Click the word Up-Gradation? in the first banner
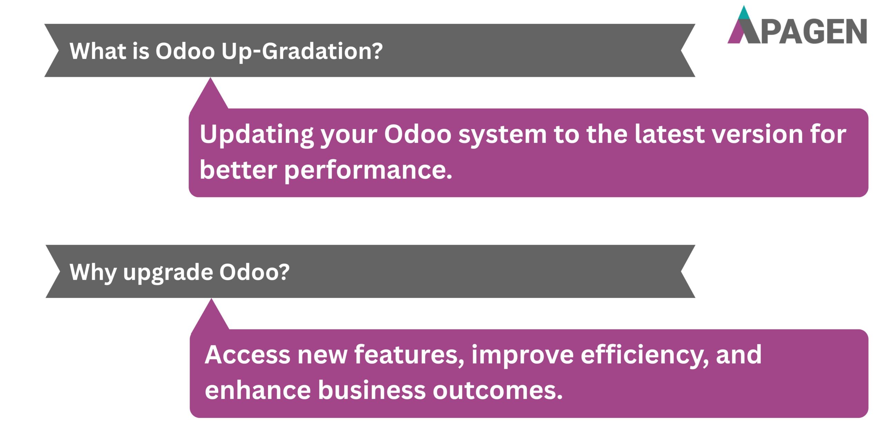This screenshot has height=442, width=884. (302, 51)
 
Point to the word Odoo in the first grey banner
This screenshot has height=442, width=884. (185, 51)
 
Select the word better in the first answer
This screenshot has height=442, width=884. (238, 170)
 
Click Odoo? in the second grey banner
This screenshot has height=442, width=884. (254, 272)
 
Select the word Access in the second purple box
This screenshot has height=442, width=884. (247, 355)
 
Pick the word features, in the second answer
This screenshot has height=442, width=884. (410, 355)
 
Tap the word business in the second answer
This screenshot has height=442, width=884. (372, 391)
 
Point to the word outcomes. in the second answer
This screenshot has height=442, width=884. (498, 391)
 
